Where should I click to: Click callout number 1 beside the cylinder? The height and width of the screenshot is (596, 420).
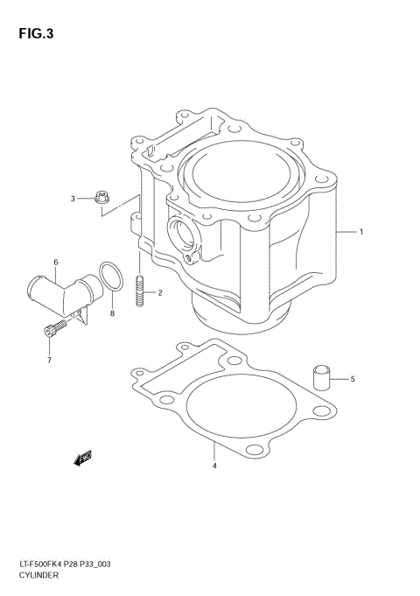360,232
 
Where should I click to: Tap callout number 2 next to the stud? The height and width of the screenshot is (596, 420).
159,292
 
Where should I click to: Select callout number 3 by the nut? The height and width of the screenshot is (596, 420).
74,198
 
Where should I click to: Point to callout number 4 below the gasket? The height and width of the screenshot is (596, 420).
214,466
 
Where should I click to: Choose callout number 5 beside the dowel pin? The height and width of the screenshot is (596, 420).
353,379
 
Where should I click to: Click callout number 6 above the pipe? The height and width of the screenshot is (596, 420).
55,262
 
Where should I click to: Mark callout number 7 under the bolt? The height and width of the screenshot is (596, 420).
50,360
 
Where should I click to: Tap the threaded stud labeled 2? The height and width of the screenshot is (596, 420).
141,291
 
